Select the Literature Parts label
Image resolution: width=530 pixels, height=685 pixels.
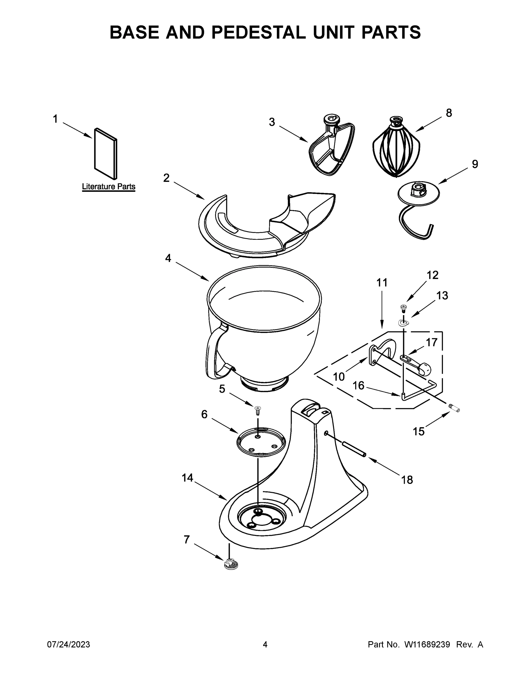click(109, 187)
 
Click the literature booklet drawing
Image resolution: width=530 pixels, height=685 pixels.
click(106, 153)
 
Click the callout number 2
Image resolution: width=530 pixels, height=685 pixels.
click(166, 178)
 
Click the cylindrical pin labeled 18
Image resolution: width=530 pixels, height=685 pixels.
click(353, 450)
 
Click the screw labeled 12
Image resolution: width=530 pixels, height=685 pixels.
click(403, 308)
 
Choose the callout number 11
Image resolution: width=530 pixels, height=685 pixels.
click(382, 283)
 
